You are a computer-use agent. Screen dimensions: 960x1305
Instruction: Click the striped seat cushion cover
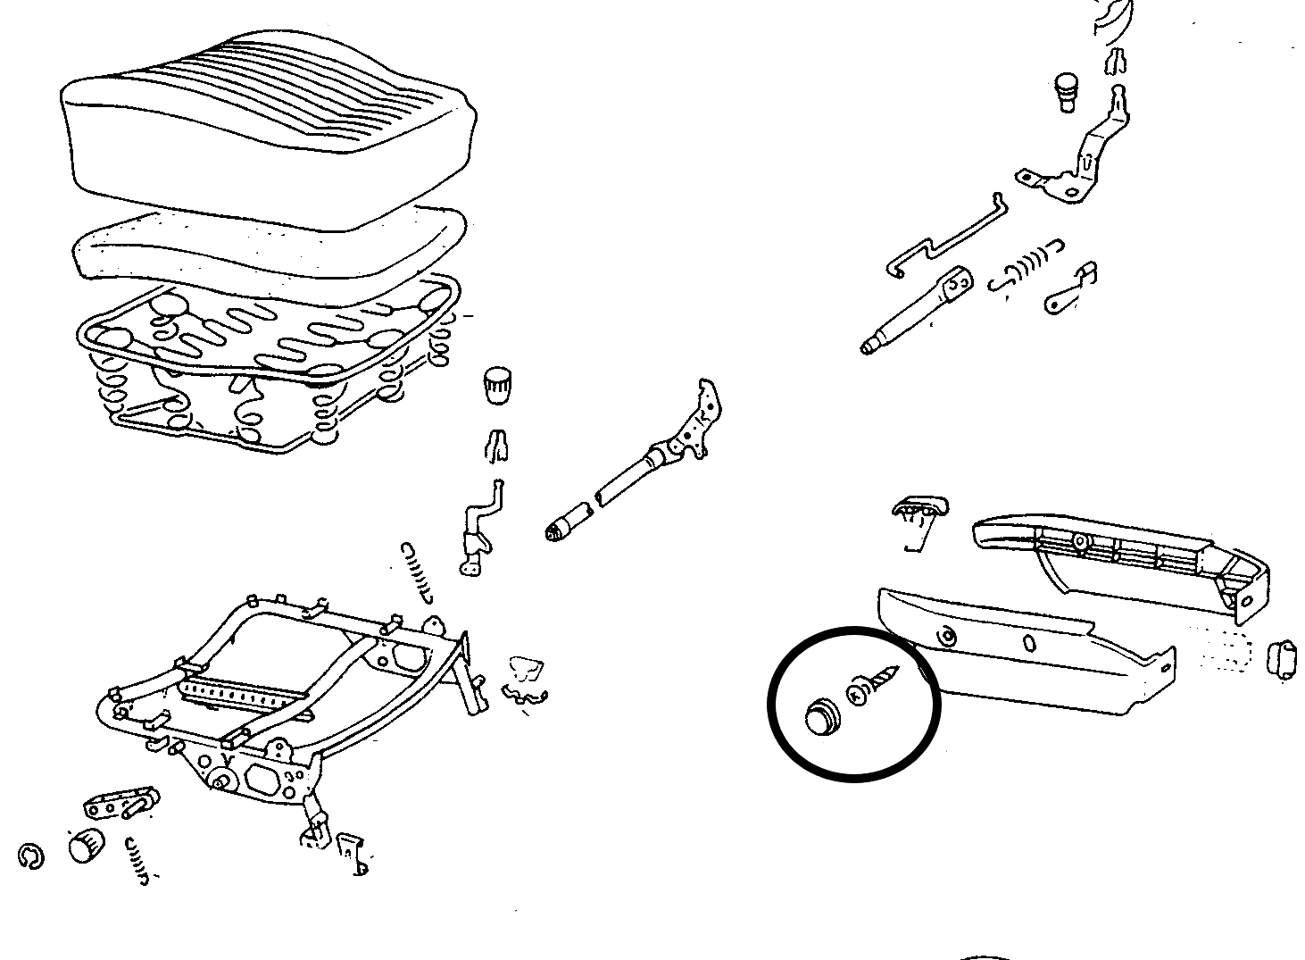point(268,134)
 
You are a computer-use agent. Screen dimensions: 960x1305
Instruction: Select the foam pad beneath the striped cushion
point(268,255)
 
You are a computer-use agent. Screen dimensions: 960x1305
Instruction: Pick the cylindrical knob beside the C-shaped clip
point(86,845)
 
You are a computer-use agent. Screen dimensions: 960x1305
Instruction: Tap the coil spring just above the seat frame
point(418,570)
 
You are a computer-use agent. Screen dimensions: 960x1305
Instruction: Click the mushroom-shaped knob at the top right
point(1066,92)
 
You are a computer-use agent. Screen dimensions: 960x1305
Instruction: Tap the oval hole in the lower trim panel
point(1029,643)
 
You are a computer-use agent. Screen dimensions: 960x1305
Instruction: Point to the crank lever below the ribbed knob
point(478,531)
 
